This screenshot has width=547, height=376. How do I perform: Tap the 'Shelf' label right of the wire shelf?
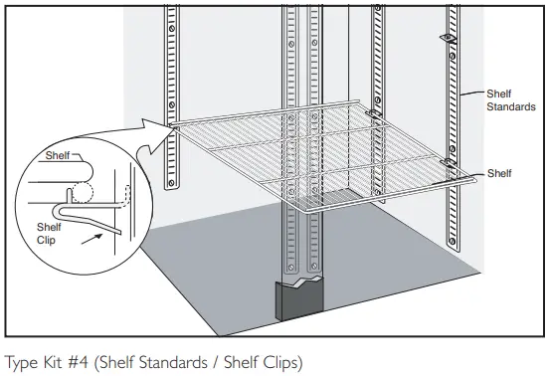[499, 173]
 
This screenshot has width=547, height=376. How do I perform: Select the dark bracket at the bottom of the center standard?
[299, 298]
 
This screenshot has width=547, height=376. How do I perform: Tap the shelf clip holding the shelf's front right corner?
[448, 160]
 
